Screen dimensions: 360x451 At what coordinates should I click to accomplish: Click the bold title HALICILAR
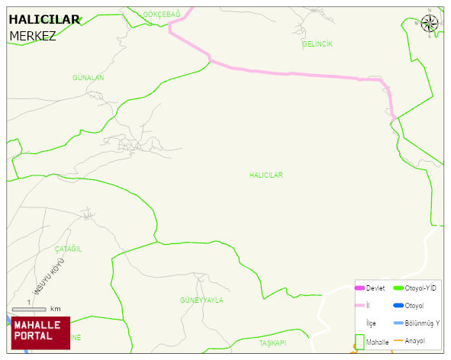pos(44,20)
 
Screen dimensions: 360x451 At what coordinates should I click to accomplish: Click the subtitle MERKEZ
pos(33,36)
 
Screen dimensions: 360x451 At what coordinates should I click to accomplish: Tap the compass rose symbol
pos(430,23)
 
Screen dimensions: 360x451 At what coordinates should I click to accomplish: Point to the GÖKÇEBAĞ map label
pos(162,14)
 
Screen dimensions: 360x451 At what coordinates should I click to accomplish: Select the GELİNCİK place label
pos(317,44)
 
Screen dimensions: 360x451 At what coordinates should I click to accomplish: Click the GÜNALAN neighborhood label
pos(88,78)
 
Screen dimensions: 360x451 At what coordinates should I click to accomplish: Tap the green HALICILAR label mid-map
pos(266,175)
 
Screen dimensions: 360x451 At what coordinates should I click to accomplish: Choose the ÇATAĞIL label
pos(68,249)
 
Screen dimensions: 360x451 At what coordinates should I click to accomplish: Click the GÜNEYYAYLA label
pos(202,301)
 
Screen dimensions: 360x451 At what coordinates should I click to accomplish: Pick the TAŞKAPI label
pos(272,343)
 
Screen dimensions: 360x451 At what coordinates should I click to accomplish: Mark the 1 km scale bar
pos(29,309)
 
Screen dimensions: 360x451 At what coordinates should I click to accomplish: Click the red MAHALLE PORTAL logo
pos(40,332)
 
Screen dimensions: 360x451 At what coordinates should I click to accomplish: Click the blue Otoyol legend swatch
pos(398,306)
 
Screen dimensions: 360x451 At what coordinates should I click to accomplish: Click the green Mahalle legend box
pos(359,341)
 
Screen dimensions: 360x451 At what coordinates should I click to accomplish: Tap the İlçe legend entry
pos(371,323)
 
